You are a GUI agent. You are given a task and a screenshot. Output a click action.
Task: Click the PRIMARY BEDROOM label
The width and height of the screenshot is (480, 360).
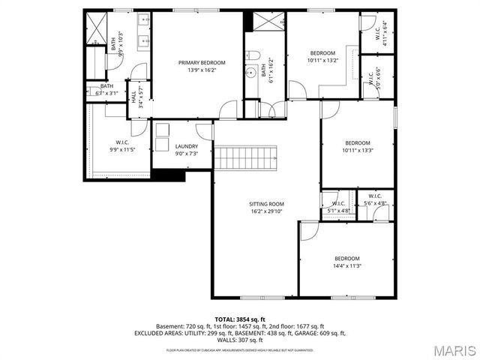[x=196, y=62]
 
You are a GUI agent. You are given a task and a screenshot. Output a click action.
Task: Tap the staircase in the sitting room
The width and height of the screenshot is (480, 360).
[x=247, y=158]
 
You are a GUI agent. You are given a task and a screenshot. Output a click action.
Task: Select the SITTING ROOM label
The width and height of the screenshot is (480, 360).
[x=266, y=204]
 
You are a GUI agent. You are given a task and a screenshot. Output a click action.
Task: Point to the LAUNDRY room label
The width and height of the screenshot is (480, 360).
[x=186, y=146]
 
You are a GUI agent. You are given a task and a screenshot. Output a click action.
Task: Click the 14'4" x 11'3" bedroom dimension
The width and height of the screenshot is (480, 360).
[x=347, y=265]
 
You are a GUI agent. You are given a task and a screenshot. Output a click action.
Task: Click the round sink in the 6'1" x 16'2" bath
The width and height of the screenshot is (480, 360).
[x=250, y=73]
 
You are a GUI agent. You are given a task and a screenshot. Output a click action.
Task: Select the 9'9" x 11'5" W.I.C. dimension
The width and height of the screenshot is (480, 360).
[x=123, y=149]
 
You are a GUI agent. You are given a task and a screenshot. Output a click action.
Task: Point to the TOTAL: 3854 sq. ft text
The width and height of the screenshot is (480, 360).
[x=240, y=319]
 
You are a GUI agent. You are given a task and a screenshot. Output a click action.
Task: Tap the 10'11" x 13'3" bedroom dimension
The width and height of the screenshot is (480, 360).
[x=357, y=150]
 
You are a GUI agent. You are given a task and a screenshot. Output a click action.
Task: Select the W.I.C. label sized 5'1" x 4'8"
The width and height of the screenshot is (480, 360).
[x=338, y=203]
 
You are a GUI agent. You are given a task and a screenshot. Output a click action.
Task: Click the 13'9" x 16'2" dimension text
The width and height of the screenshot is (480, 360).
[x=196, y=70]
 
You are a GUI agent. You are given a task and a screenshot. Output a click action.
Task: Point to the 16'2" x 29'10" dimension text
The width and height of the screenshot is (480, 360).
[x=266, y=211]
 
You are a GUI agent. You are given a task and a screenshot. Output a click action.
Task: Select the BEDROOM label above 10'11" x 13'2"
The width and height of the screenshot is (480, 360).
[x=322, y=52]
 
